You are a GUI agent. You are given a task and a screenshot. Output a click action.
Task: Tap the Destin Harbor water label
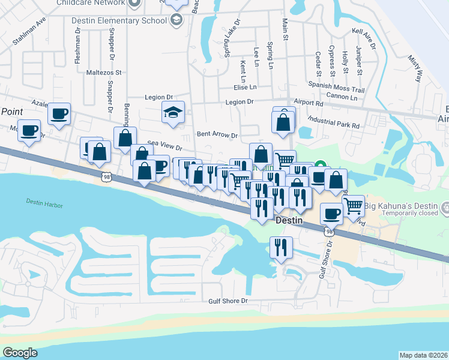click(x=42, y=202)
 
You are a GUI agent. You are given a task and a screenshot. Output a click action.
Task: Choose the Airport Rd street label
click(x=309, y=103)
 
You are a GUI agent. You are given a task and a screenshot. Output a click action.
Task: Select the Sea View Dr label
click(x=164, y=145)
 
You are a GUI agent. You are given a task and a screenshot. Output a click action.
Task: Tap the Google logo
click(x=20, y=353)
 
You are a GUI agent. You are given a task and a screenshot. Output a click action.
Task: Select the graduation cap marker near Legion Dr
click(x=173, y=112)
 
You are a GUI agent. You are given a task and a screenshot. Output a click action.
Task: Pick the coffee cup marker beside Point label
click(x=59, y=114)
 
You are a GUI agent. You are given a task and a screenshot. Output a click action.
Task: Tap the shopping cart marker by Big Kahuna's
click(x=354, y=205)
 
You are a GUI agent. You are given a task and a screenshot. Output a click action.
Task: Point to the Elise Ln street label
click(x=245, y=86)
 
